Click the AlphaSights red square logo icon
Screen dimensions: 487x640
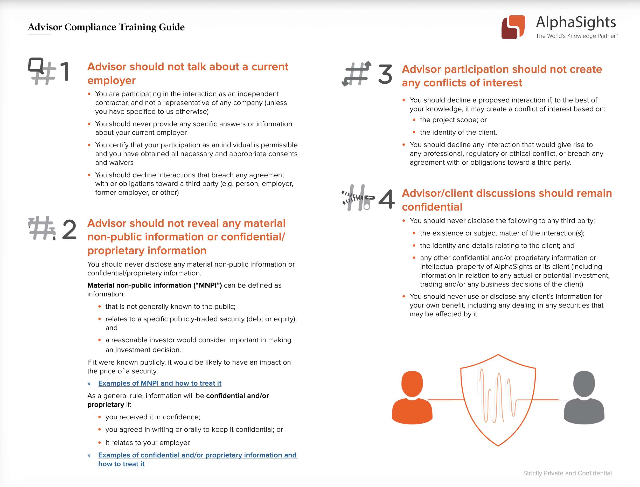(513, 27)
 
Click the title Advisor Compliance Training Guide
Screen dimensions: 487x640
(106, 27)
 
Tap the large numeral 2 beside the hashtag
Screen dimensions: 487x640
(69, 229)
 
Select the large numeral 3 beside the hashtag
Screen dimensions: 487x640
(385, 74)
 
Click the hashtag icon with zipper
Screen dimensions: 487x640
(358, 198)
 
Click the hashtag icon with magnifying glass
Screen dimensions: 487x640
(41, 71)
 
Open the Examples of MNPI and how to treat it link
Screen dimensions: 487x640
(160, 383)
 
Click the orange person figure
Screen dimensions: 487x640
(412, 398)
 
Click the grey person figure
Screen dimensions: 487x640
(584, 398)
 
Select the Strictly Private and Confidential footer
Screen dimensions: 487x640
(567, 473)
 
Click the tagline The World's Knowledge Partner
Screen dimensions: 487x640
(576, 36)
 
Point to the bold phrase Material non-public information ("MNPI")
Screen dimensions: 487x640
(155, 285)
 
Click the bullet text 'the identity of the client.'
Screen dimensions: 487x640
(458, 133)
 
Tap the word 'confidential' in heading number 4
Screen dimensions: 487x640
(432, 207)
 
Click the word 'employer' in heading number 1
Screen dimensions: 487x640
(111, 80)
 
